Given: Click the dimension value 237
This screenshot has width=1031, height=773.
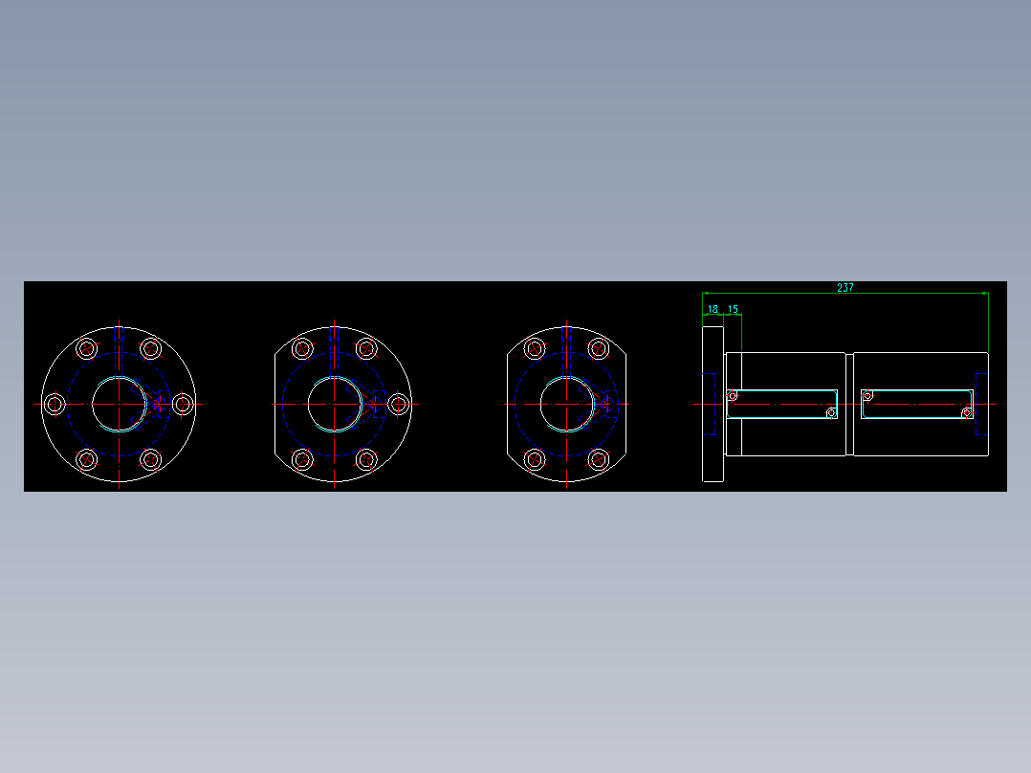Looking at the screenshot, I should (845, 287).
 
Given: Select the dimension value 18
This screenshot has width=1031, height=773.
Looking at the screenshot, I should (713, 309).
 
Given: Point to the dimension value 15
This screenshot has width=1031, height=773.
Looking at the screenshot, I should (733, 309).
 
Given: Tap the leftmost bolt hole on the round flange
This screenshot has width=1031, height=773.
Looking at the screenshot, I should (55, 405).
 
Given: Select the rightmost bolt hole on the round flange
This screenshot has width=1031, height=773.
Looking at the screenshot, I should (182, 405).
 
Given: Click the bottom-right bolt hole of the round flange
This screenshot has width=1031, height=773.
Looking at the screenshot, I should (150, 460).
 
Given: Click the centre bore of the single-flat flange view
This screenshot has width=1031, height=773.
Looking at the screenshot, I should (335, 405).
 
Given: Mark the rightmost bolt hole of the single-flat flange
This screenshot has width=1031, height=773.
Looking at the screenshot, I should (398, 405).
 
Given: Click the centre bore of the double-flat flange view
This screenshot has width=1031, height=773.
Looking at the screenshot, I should (566, 405).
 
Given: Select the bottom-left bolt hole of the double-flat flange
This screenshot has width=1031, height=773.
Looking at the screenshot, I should (535, 460).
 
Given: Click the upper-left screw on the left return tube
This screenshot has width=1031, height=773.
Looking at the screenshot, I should (733, 395).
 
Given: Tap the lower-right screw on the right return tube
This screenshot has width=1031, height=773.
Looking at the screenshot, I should (967, 413).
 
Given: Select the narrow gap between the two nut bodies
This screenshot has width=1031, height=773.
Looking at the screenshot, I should (849, 405).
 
